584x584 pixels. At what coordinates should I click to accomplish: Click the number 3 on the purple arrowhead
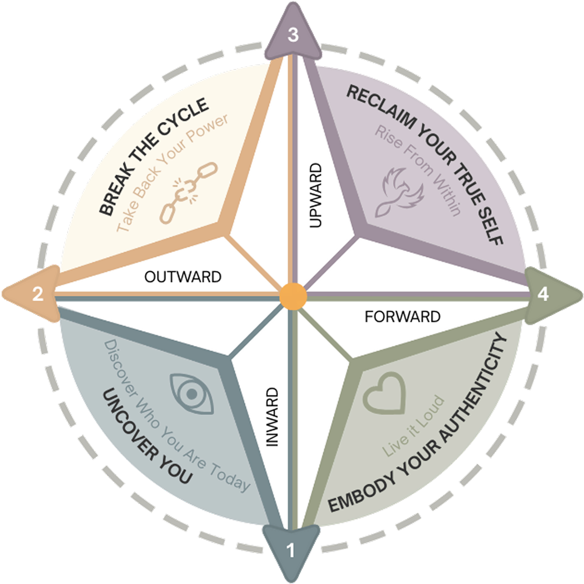pyautogui.click(x=293, y=35)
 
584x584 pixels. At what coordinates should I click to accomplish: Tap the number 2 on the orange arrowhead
pyautogui.click(x=38, y=294)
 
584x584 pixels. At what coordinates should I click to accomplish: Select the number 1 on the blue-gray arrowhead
pyautogui.click(x=291, y=550)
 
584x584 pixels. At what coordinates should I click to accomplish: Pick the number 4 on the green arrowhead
pyautogui.click(x=543, y=294)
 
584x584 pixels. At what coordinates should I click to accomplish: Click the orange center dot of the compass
pyautogui.click(x=293, y=296)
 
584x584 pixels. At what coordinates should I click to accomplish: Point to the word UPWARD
pyautogui.click(x=316, y=196)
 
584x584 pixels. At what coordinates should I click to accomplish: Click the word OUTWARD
pyautogui.click(x=183, y=277)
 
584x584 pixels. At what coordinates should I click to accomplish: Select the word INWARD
pyautogui.click(x=272, y=417)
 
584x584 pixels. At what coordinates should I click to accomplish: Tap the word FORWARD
pyautogui.click(x=402, y=317)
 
